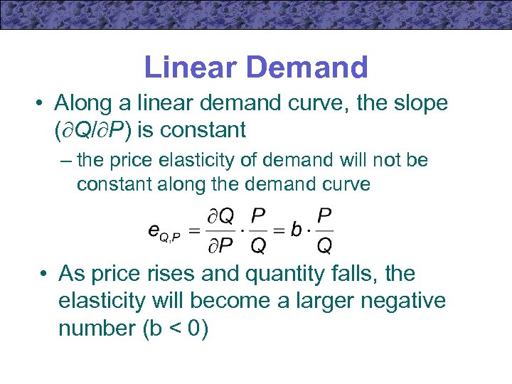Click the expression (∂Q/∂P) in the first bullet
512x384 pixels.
pos(104,130)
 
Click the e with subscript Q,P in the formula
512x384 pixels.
pos(163,231)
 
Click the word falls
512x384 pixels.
pos(356,273)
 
